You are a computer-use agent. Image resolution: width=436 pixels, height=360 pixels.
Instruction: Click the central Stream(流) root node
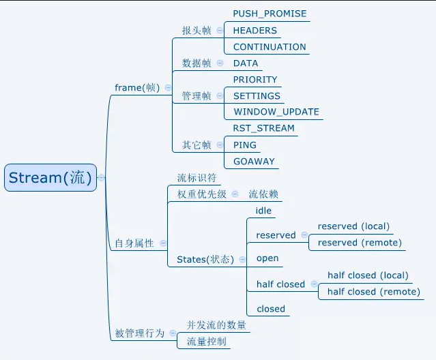tap(49, 178)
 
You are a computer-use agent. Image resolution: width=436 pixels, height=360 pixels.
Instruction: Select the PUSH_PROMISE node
tap(270, 14)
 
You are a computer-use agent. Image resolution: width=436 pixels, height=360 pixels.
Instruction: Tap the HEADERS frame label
tap(255, 30)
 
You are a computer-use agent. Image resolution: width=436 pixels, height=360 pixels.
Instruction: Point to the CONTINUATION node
tap(270, 47)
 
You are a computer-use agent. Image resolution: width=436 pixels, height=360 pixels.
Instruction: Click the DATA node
tap(246, 63)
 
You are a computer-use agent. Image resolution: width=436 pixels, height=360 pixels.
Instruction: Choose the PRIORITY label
tap(255, 79)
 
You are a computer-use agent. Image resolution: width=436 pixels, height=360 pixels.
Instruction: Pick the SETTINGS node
tap(257, 96)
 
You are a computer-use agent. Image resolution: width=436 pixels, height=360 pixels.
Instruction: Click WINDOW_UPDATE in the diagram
tap(276, 112)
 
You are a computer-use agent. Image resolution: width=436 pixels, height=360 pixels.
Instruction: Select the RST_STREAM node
tap(263, 128)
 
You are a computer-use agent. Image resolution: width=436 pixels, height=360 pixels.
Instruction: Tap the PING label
tap(244, 145)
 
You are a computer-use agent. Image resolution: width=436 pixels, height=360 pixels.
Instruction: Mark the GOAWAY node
tap(253, 162)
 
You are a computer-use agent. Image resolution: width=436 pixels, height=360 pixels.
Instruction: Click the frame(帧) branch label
tap(136, 87)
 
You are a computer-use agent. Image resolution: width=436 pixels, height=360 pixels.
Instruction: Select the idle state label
tap(263, 211)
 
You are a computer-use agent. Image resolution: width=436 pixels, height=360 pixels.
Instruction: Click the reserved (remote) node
tap(360, 243)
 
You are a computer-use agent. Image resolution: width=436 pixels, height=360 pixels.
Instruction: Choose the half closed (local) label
tap(368, 275)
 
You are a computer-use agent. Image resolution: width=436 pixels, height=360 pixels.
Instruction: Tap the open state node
tap(267, 258)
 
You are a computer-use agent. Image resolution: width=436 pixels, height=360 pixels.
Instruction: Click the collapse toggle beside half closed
tap(313, 284)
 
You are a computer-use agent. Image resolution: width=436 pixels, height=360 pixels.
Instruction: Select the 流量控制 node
tap(206, 342)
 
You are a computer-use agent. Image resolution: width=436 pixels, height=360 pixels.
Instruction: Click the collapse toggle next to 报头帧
tap(220, 30)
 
